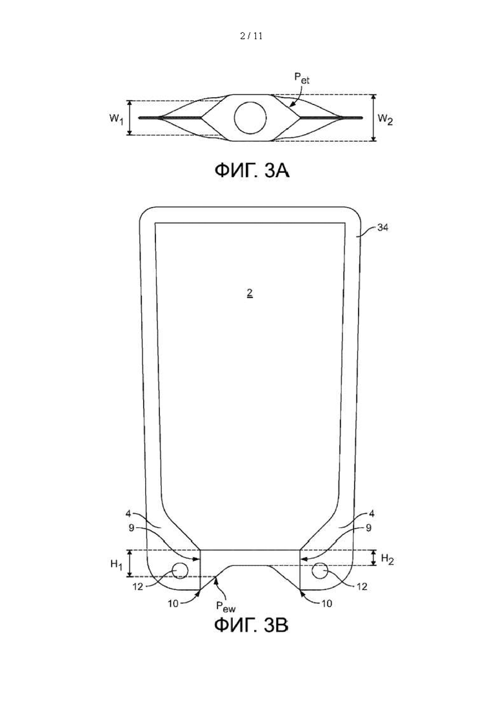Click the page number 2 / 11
[252, 36]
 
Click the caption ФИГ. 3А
[252, 171]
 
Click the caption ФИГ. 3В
[252, 625]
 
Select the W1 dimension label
[116, 119]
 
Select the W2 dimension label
[386, 120]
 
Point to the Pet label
[302, 78]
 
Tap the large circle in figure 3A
[250, 118]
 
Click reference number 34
[383, 228]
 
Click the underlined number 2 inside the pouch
[250, 293]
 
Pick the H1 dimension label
[117, 565]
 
